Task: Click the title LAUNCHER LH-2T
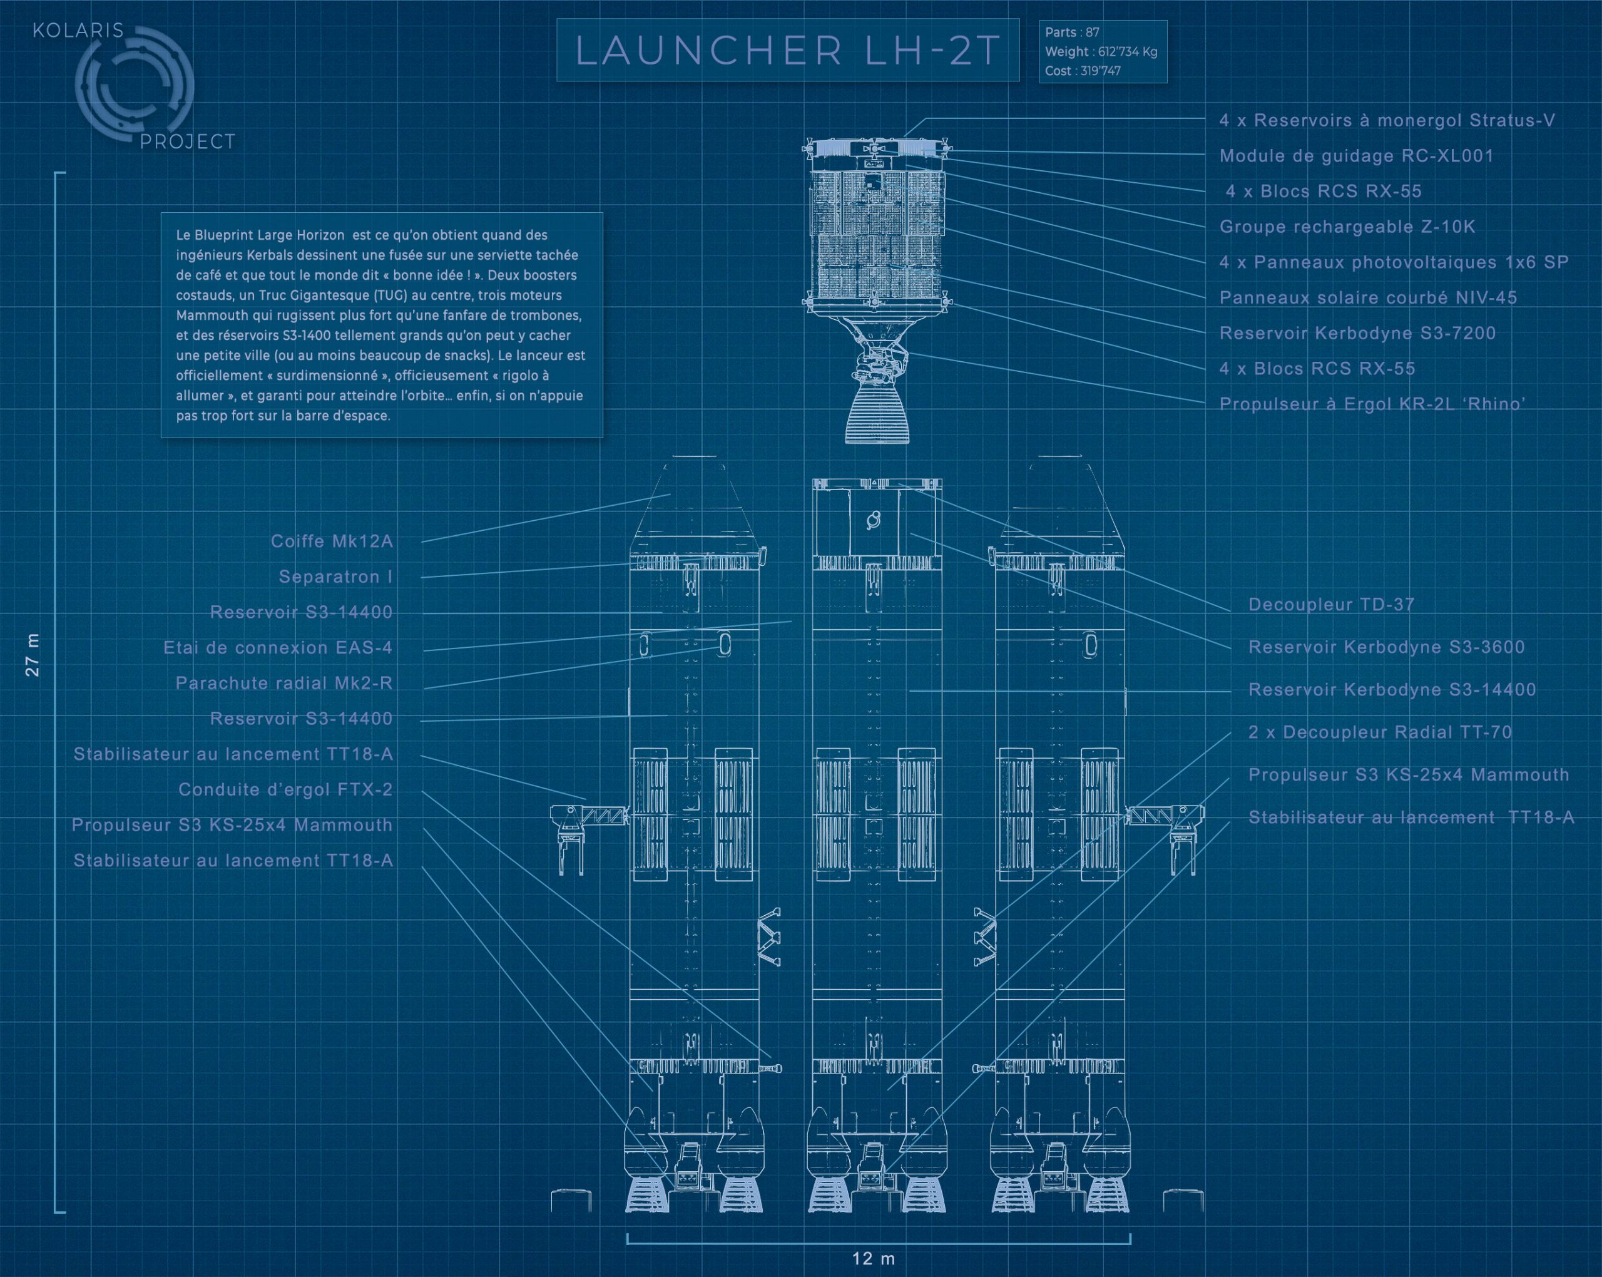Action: (788, 51)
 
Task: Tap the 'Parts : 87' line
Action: (1071, 33)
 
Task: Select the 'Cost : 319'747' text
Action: (1083, 71)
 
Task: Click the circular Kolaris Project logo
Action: (134, 86)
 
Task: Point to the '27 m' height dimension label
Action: (33, 654)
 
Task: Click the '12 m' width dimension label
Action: (873, 1258)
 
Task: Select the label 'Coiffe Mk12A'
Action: (332, 541)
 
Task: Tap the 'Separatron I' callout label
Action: (335, 577)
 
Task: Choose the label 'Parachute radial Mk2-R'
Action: (284, 683)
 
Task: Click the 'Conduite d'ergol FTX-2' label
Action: (285, 789)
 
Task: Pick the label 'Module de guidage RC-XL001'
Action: (1356, 156)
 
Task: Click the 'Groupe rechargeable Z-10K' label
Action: (1347, 227)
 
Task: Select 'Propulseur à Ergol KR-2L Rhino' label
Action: (1372, 404)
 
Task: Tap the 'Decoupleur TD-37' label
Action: (1331, 604)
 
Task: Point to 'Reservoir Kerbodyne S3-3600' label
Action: (1385, 647)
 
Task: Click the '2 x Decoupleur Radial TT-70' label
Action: (1380, 732)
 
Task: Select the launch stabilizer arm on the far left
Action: (587, 825)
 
